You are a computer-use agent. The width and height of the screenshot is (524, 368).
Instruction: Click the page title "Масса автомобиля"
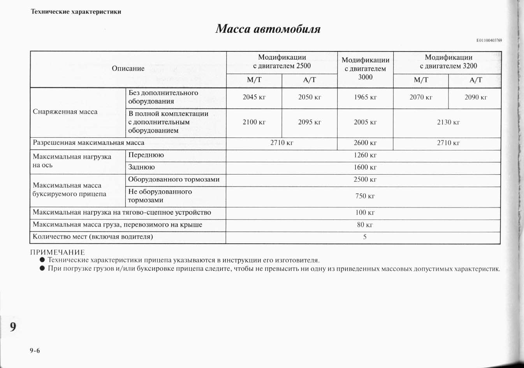coord(268,29)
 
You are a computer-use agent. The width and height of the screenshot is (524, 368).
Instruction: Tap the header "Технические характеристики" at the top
coord(76,12)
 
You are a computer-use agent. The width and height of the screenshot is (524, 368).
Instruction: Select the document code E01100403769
coord(489,41)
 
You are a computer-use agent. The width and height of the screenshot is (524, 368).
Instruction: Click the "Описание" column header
coord(128,69)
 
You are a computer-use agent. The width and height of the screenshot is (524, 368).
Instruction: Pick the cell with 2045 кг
coord(254,97)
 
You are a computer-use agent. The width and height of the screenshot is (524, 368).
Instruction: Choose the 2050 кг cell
coord(309,97)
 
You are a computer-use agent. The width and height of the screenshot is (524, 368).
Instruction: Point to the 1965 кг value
coord(365,97)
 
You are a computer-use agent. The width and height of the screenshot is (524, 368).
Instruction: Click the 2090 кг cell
coord(476,97)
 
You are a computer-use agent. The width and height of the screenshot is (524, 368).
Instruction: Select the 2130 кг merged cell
coord(448,122)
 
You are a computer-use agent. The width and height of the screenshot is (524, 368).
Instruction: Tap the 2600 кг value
coord(365,143)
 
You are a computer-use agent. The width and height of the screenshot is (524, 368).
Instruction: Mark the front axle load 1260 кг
coord(365,155)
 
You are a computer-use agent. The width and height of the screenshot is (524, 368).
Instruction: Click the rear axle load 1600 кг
coord(365,167)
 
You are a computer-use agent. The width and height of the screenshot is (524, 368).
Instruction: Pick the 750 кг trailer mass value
coord(365,196)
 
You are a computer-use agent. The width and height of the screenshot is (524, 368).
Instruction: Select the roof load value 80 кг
coord(365,225)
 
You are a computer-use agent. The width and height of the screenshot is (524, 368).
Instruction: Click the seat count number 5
coord(365,237)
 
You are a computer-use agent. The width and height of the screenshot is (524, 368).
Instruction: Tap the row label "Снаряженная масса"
coord(65,112)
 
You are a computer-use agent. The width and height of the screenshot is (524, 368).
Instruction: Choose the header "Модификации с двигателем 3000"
coord(365,69)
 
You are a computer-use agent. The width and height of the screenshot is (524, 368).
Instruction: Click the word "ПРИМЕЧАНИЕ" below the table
coord(58,252)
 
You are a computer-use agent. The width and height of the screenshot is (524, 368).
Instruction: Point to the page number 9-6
coord(35,350)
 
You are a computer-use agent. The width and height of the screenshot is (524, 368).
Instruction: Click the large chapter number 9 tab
coord(13,327)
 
